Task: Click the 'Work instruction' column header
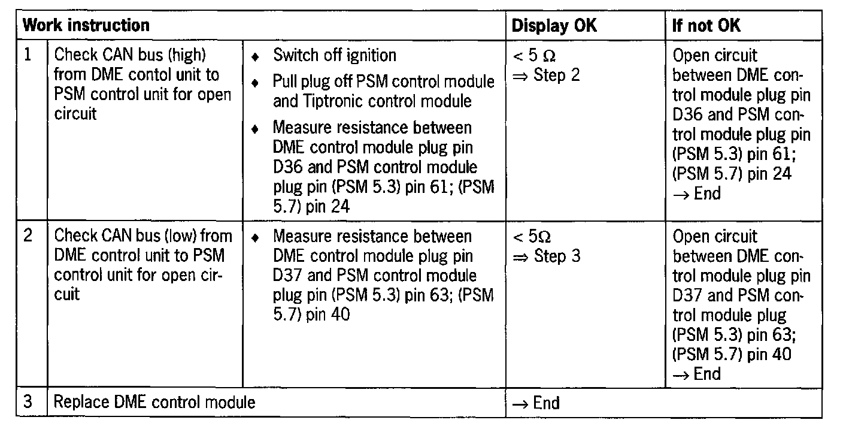tap(85, 25)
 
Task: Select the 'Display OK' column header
tap(554, 25)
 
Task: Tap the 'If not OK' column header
tap(706, 25)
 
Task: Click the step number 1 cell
tap(29, 55)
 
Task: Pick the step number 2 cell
tap(29, 236)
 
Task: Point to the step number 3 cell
tap(29, 402)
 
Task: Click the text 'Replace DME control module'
tap(154, 402)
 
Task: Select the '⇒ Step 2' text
tap(546, 76)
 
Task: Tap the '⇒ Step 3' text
tap(546, 257)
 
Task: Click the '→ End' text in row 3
tap(536, 403)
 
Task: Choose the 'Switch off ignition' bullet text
tap(335, 56)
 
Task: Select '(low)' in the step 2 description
tap(180, 236)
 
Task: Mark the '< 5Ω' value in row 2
tap(532, 237)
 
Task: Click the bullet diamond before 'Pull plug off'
tap(256, 81)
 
